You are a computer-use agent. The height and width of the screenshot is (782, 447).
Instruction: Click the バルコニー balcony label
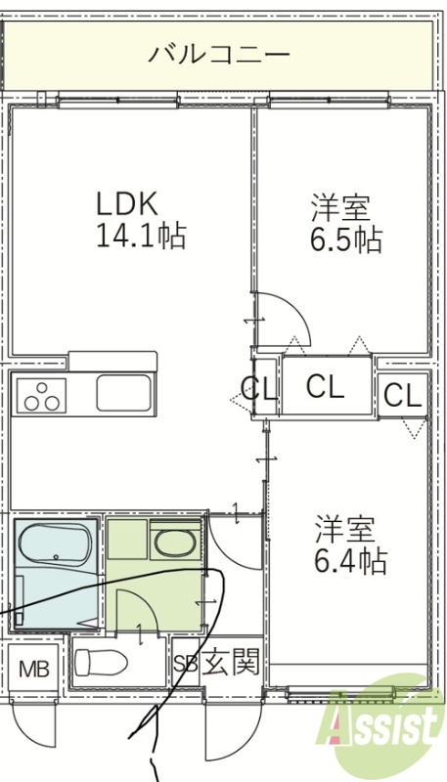coord(219,54)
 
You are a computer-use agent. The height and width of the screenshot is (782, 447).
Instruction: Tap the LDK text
coord(126,204)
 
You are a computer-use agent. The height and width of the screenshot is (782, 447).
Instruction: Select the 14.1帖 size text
coord(140,237)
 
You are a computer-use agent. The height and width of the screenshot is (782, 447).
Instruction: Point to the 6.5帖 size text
coord(345,239)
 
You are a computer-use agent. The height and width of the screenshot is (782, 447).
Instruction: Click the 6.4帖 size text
coord(349,561)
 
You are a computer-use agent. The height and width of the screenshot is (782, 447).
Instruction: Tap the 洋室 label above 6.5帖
coord(340,207)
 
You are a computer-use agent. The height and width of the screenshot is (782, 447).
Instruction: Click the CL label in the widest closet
coord(326,387)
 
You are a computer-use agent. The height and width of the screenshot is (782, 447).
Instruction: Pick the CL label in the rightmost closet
coord(402,396)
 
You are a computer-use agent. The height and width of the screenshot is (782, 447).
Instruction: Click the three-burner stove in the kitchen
coord(42,396)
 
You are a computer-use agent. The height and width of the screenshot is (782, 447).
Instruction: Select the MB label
coord(34,671)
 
